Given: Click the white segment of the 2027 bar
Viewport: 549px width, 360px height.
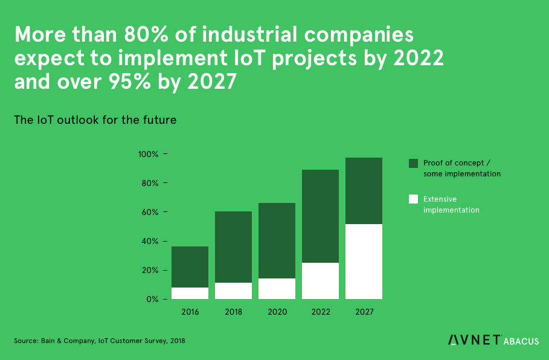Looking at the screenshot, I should pyautogui.click(x=364, y=262).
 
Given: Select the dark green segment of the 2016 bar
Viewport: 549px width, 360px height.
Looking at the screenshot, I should pyautogui.click(x=190, y=267).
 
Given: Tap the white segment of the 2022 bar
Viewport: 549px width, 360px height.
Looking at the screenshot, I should pyautogui.click(x=321, y=281).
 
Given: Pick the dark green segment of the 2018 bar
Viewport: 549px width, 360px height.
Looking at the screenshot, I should pyautogui.click(x=233, y=247).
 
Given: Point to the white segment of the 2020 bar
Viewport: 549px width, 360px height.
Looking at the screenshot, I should pyautogui.click(x=277, y=289).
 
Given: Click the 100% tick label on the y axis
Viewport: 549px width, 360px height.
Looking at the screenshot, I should pyautogui.click(x=148, y=155).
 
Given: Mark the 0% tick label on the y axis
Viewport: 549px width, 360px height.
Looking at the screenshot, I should pyautogui.click(x=152, y=300).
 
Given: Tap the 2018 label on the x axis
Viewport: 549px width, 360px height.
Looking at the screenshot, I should pyautogui.click(x=233, y=312).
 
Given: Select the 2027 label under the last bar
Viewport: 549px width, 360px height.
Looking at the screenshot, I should pyautogui.click(x=364, y=312).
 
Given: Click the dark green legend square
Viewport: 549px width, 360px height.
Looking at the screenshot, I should pyautogui.click(x=414, y=164).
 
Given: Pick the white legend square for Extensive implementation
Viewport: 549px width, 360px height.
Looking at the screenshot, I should pyautogui.click(x=414, y=199).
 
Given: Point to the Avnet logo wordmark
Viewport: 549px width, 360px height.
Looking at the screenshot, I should pyautogui.click(x=475, y=340).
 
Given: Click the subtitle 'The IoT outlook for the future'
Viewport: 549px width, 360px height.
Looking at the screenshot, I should pyautogui.click(x=95, y=120).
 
